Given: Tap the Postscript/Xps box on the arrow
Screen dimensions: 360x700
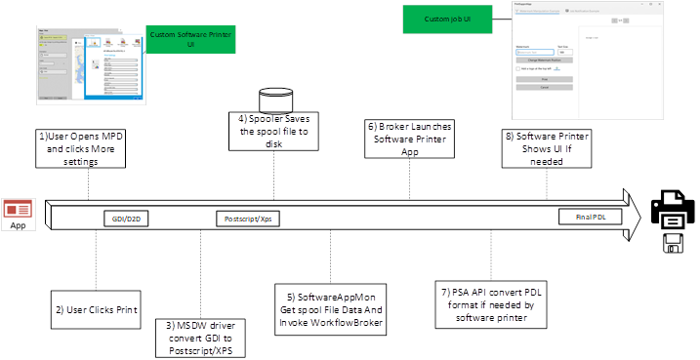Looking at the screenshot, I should click(x=244, y=218).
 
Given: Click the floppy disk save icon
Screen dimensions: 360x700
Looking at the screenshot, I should click(x=674, y=243).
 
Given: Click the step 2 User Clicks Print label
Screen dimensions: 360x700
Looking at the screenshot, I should click(x=96, y=309).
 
